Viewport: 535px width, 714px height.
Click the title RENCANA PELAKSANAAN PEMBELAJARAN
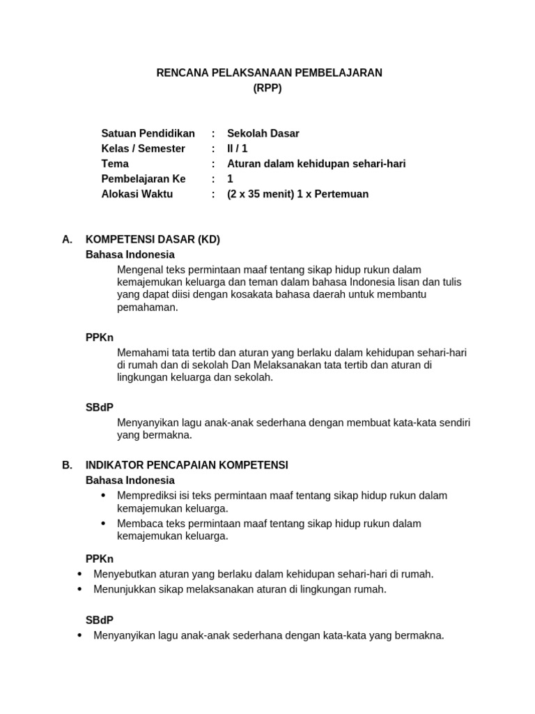267,73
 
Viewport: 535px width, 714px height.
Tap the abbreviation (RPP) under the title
267,88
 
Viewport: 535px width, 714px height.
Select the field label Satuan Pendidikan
148,133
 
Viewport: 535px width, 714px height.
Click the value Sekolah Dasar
263,133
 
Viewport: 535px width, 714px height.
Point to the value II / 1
238,149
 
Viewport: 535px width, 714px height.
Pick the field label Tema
115,164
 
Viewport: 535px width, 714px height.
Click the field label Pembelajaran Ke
144,178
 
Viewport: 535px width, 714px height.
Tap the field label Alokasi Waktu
137,194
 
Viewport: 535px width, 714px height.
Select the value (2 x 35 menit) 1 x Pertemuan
298,194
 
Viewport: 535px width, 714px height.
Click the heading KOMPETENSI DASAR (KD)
153,239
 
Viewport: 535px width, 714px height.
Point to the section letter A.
67,239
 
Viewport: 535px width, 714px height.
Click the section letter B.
67,465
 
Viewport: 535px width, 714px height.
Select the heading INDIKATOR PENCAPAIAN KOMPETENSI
187,465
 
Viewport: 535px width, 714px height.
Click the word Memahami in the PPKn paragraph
142,353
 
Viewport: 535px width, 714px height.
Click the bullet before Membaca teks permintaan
104,523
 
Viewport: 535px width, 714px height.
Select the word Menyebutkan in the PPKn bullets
121,574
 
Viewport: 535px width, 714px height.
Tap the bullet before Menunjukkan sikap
79,589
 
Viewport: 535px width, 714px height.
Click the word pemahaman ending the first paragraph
148,307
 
